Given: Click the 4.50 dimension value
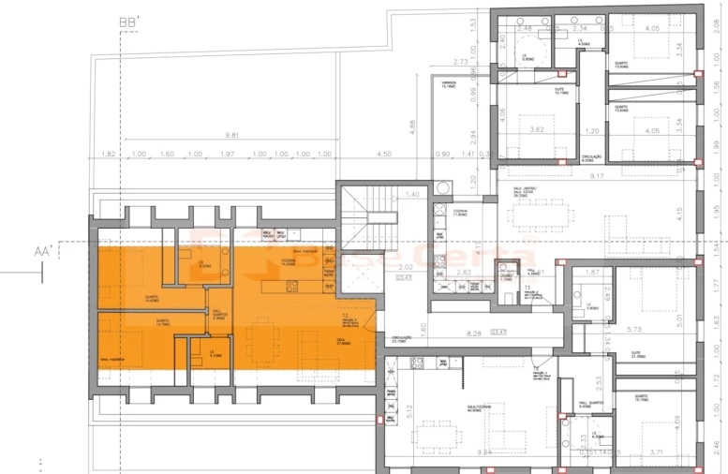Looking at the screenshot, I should click(383, 155).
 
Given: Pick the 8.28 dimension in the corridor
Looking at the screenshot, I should click(472, 333).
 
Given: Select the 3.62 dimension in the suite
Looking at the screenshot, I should click(537, 129).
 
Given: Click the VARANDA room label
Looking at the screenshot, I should click(436, 82).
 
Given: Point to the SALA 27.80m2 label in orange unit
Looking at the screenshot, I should click(345, 341).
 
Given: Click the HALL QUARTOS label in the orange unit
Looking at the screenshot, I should click(218, 316).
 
